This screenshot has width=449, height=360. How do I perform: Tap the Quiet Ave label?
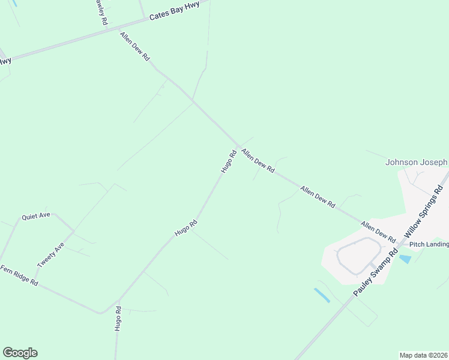(x=36, y=216)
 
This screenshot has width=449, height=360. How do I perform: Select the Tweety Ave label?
(x=50, y=256)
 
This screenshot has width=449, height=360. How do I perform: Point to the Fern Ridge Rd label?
(x=19, y=275)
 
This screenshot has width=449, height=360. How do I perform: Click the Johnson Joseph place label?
(x=416, y=162)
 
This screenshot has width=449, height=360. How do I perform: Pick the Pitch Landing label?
(x=429, y=244)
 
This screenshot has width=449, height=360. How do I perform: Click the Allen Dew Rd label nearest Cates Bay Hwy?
(x=134, y=46)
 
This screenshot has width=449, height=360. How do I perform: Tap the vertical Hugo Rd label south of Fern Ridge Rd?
(x=118, y=319)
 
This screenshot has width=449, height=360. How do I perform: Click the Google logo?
(x=20, y=352)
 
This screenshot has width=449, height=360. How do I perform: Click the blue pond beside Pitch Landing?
(x=405, y=259)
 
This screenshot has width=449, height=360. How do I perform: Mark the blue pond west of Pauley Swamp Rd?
(x=321, y=295)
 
